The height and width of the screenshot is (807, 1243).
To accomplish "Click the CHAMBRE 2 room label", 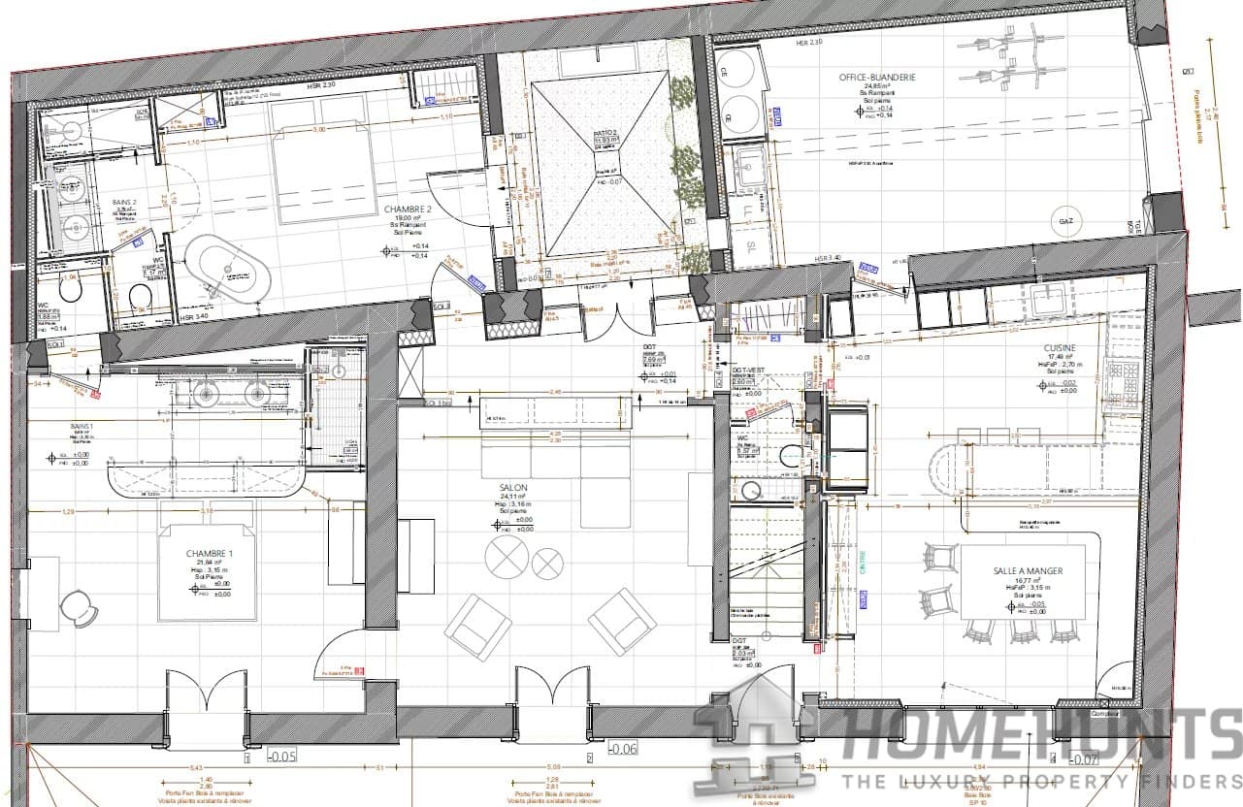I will [x=409, y=210].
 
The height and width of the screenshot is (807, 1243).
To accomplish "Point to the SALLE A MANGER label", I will [x=1027, y=571].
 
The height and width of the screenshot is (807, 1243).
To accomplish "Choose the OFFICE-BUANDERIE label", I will [x=877, y=78].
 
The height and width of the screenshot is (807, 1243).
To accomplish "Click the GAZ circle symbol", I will [x=1064, y=221].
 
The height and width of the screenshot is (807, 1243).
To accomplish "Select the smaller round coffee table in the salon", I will [x=548, y=563].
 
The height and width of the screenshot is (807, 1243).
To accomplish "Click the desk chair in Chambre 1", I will [x=78, y=608].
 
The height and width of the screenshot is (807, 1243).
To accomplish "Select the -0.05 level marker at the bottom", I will [x=281, y=755].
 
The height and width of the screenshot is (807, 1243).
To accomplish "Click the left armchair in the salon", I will [x=477, y=627].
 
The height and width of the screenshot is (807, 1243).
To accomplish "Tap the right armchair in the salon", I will [x=622, y=621].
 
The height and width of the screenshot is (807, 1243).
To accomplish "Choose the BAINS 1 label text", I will [x=81, y=427].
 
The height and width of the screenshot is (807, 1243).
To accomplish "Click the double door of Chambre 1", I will [x=207, y=693].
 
